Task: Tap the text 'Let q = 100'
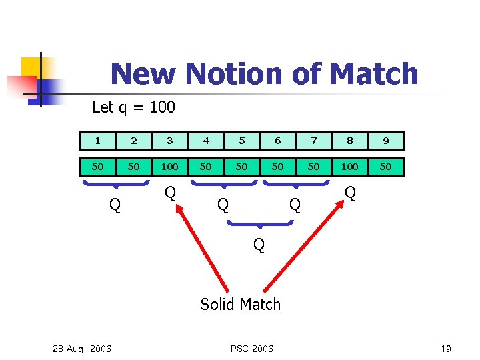coord(133,107)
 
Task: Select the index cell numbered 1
coord(98,141)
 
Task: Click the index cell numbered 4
coord(206,141)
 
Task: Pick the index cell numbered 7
coord(314,141)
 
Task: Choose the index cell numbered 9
coord(386,141)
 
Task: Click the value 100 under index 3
coord(170,167)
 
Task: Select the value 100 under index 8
coord(350,167)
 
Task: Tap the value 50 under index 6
coord(278,167)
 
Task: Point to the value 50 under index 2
coord(134,167)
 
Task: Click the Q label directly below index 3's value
coord(170,193)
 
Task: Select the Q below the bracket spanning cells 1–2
coord(115,205)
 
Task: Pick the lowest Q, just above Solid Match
coord(259,245)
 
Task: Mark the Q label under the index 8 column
coord(350,193)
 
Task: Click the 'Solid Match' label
coord(241,305)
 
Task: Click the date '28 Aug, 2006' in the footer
coord(81,349)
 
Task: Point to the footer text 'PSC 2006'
coord(251,349)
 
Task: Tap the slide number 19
coord(446,349)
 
